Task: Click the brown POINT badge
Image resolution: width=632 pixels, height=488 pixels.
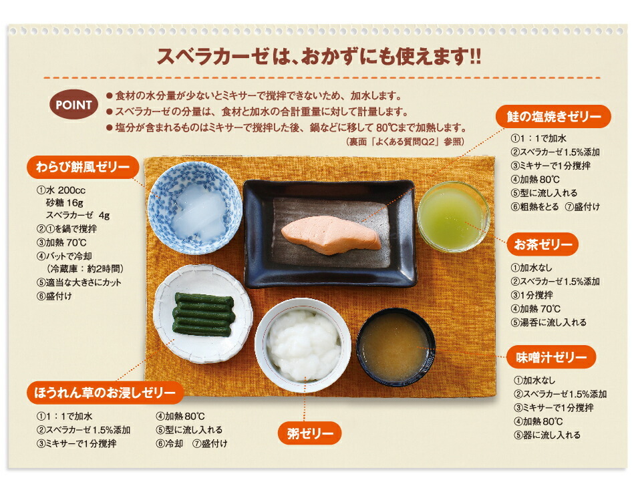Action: (x=73, y=105)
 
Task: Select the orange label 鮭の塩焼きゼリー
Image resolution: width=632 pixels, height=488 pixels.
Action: (x=552, y=117)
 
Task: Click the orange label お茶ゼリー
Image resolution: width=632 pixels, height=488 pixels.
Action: (x=542, y=244)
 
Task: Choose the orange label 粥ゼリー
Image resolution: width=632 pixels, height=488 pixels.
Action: (x=309, y=434)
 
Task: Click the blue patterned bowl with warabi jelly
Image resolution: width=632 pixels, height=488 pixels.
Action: (x=194, y=207)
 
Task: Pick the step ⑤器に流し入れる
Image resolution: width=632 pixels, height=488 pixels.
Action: (x=547, y=435)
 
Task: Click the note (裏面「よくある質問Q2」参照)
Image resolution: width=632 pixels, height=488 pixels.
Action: (x=405, y=142)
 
